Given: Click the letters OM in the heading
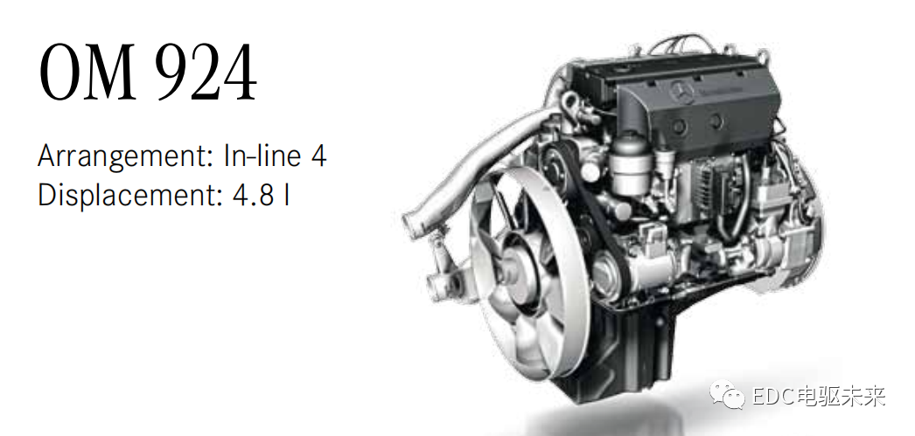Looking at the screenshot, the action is (x=87, y=73).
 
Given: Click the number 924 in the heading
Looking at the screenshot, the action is (x=208, y=73).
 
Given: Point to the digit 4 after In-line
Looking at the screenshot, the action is (x=318, y=156).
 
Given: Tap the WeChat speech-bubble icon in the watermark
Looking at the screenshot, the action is (x=726, y=395).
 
